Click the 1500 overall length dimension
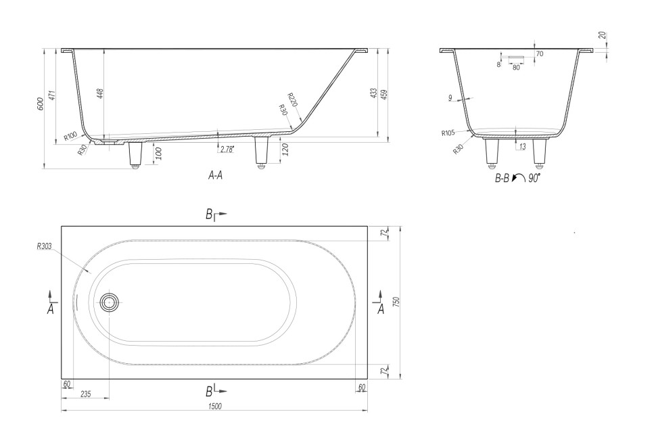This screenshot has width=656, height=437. pos(214,406)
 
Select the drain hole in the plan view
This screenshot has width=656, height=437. pos(110,302)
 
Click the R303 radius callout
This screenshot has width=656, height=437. pos(44,246)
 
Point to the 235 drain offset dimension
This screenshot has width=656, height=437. pos(85,394)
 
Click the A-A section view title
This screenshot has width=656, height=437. pos(216,176)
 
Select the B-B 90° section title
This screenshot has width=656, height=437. pos(517,179)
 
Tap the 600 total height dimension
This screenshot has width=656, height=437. pos(40,103)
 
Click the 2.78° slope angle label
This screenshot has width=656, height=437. pos(227,149)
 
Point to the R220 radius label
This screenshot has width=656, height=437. pos(293,99)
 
